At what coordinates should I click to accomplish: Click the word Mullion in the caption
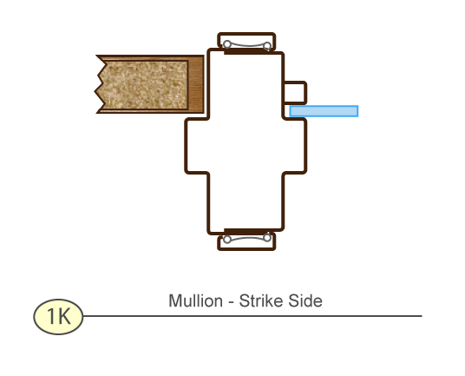tap(196, 301)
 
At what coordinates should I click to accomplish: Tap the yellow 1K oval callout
tap(58, 317)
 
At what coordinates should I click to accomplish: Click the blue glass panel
tap(324, 111)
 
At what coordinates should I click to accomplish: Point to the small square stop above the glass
tap(295, 93)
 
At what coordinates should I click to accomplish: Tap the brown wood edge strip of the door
tap(196, 84)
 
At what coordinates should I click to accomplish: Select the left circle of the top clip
tap(227, 44)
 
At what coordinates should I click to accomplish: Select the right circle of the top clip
tap(267, 46)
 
